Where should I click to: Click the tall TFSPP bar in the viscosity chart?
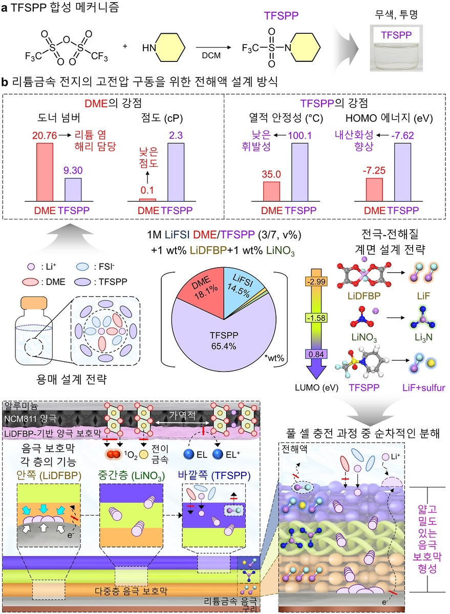(176, 171)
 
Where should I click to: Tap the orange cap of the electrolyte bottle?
(33, 302)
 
